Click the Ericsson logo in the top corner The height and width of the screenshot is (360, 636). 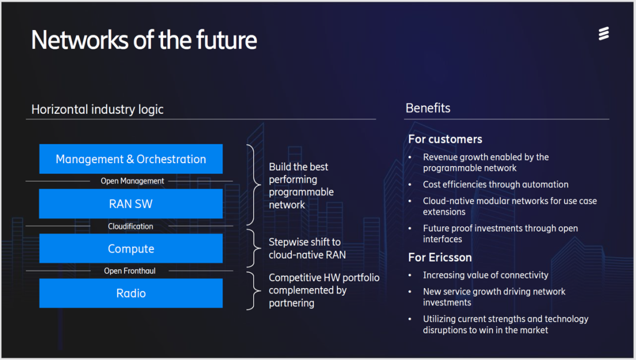pyautogui.click(x=604, y=34)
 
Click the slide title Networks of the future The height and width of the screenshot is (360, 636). pyautogui.click(x=144, y=40)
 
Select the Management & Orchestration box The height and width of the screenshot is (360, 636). pyautogui.click(x=131, y=159)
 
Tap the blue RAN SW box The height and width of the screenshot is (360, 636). pyautogui.click(x=131, y=204)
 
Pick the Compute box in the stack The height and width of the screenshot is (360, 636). pyautogui.click(x=131, y=249)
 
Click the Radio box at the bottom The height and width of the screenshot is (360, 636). pyautogui.click(x=131, y=293)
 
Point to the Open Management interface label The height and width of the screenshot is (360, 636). pyautogui.click(x=132, y=181)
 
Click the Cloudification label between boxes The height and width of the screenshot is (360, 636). pyautogui.click(x=131, y=226)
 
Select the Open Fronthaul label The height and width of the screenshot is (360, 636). pyautogui.click(x=130, y=271)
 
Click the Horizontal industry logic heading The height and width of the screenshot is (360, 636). pyautogui.click(x=97, y=110)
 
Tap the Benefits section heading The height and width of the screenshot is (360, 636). pyautogui.click(x=428, y=108)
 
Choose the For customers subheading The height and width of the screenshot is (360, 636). pyautogui.click(x=445, y=139)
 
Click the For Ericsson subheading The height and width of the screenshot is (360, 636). pyautogui.click(x=440, y=257)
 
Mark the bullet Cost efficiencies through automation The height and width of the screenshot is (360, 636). pyautogui.click(x=495, y=184)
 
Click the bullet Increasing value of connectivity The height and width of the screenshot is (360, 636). pyautogui.click(x=485, y=275)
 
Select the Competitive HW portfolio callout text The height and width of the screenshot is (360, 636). pyautogui.click(x=324, y=290)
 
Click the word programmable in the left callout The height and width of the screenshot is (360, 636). pyautogui.click(x=301, y=192)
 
